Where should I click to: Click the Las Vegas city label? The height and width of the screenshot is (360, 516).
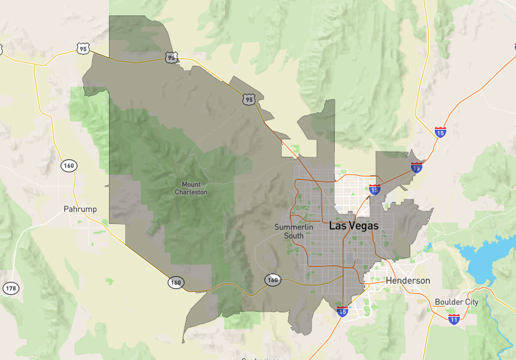click(353, 226)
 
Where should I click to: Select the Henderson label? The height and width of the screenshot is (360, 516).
click(408, 281)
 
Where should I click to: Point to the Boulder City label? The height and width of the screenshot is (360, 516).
click(457, 302)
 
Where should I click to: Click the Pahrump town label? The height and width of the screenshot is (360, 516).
click(80, 209)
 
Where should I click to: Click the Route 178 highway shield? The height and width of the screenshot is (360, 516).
click(10, 288)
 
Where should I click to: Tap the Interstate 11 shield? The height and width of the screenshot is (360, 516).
click(454, 319)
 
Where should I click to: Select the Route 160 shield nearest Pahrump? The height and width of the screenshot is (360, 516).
click(69, 166)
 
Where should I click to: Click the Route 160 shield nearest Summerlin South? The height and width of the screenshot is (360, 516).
click(273, 280)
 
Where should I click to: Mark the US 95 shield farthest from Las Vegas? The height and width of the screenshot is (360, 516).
click(82, 48)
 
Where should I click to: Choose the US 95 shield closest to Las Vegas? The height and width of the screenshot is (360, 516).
click(249, 99)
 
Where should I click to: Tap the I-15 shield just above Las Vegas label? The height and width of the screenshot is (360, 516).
click(375, 190)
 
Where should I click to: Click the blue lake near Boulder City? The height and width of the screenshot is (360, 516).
click(487, 258)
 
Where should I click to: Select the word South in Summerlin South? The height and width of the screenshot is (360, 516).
click(293, 235)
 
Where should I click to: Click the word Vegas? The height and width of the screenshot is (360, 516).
click(365, 226)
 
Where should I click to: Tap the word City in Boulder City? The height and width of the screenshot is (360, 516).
click(470, 302)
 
